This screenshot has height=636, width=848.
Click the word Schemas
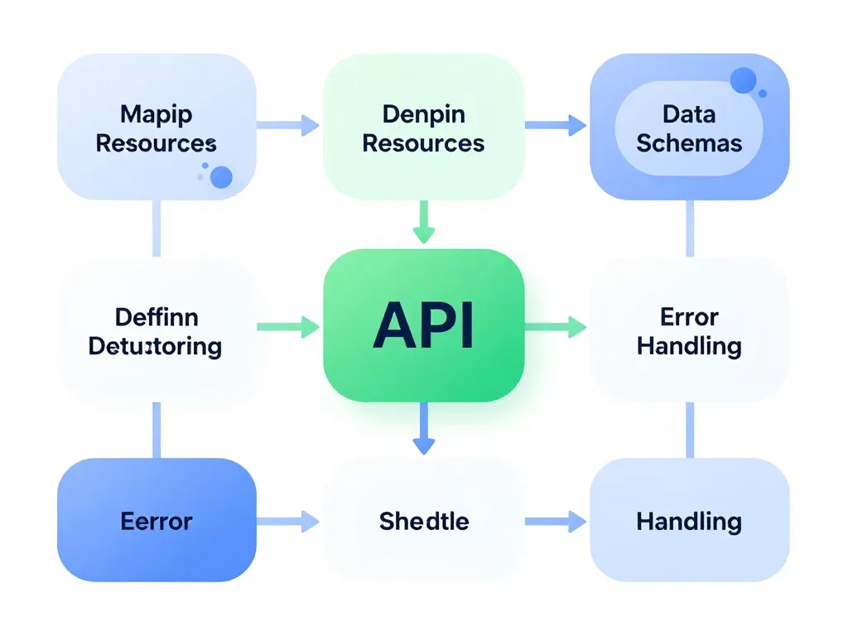pyautogui.click(x=689, y=142)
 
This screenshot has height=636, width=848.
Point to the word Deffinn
pyautogui.click(x=156, y=316)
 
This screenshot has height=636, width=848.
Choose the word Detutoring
pyautogui.click(x=156, y=345)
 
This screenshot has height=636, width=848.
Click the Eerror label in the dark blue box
pyautogui.click(x=156, y=522)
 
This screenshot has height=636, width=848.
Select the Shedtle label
pyautogui.click(x=423, y=522)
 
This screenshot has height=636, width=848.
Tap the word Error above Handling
pyautogui.click(x=689, y=316)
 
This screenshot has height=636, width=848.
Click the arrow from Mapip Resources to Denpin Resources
pyautogui.click(x=288, y=126)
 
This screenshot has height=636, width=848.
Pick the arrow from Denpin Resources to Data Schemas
pyautogui.click(x=555, y=126)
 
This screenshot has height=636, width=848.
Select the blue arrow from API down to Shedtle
pyautogui.click(x=423, y=428)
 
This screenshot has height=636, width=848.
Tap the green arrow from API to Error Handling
pyautogui.click(x=555, y=327)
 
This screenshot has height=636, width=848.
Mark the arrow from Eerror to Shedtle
pyautogui.click(x=288, y=522)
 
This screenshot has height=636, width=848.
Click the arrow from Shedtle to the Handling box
pyautogui.click(x=555, y=522)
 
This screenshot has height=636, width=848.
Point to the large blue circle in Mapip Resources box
pyautogui.click(x=221, y=176)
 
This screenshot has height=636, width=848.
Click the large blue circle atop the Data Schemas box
pyautogui.click(x=744, y=80)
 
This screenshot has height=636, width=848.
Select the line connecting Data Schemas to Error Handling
pyautogui.click(x=689, y=228)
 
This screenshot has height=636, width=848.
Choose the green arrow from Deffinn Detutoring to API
pyautogui.click(x=288, y=327)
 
